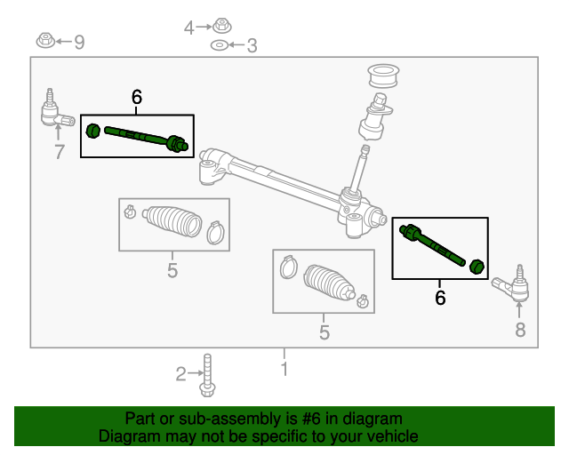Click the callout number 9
(x=79, y=42)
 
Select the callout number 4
(x=188, y=28)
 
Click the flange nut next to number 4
(x=221, y=27)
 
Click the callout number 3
(x=252, y=45)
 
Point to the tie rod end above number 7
(x=54, y=112)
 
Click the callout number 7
(x=60, y=152)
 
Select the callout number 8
(x=520, y=331)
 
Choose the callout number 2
(x=180, y=374)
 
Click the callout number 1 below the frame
(x=284, y=368)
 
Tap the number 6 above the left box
(x=136, y=98)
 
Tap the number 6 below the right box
(x=440, y=298)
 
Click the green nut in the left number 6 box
(x=92, y=132)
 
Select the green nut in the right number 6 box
(x=477, y=265)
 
